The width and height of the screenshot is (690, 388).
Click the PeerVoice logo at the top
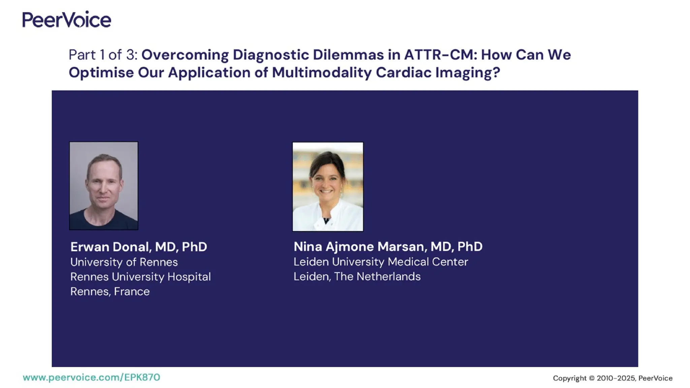[x=67, y=20]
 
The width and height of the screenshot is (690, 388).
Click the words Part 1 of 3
[x=103, y=55]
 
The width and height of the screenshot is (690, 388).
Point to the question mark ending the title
[x=496, y=73]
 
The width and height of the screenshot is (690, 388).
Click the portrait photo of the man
[x=104, y=186]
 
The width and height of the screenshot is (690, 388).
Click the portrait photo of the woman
[x=328, y=187]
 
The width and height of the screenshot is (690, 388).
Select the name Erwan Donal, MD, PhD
[x=138, y=247]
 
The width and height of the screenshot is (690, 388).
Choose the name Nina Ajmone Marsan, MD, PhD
[x=388, y=247]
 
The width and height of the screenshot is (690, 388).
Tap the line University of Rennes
[x=124, y=262]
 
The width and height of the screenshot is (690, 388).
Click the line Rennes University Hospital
[x=140, y=277]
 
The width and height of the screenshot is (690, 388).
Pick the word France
[x=132, y=291]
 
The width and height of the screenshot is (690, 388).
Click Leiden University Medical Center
[x=380, y=262]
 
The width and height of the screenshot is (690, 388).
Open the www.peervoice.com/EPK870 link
[x=91, y=377]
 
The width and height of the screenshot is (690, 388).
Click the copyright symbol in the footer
[x=592, y=378]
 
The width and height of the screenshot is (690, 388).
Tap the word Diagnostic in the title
[x=271, y=55]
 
